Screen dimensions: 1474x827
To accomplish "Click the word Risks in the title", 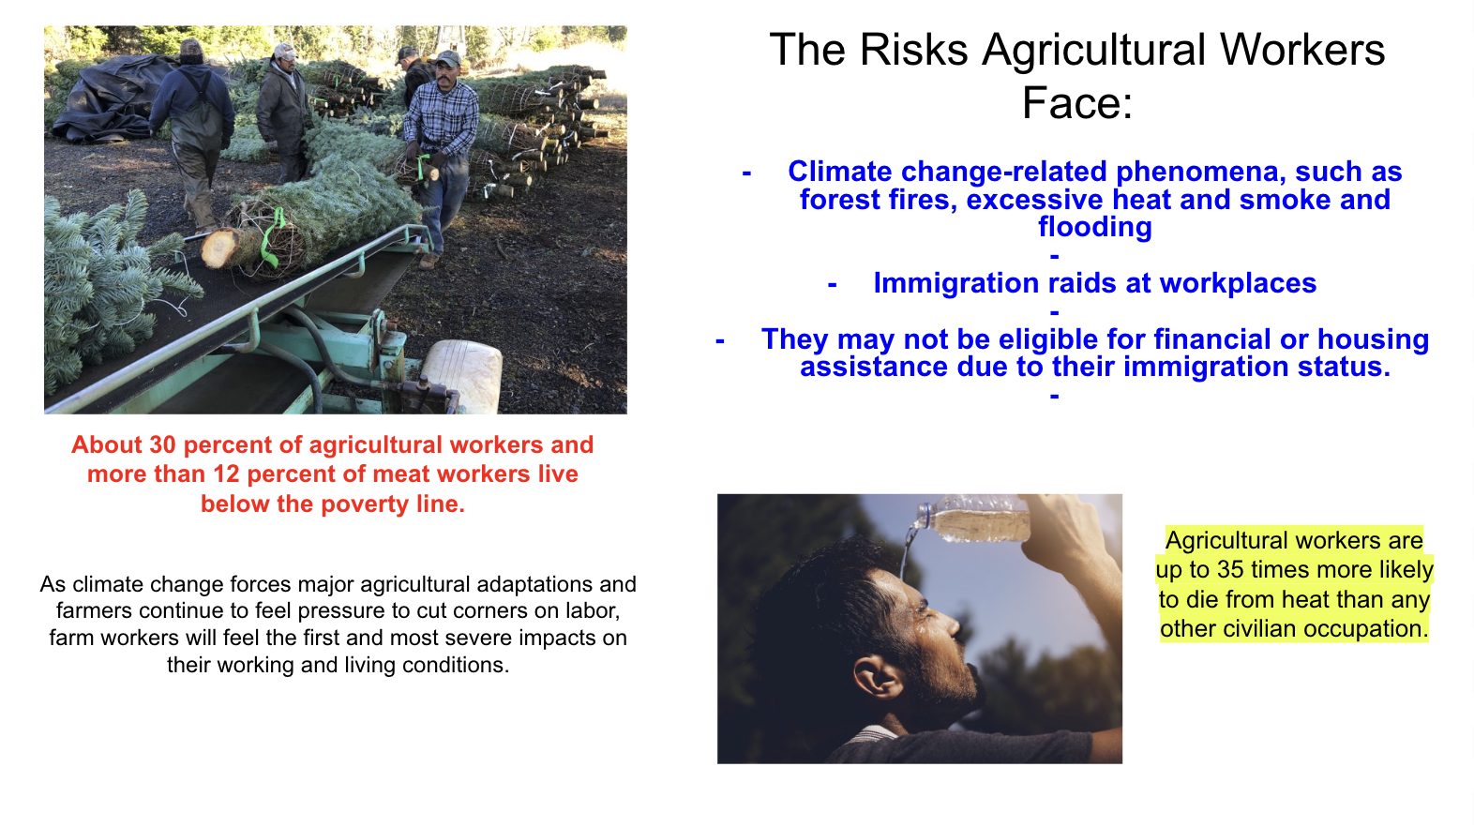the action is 914,50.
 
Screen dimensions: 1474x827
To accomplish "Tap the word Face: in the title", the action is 1077,103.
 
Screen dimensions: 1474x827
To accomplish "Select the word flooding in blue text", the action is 1095,227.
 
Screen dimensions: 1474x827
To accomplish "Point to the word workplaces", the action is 1238,283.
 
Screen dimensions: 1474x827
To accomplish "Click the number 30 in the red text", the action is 162,444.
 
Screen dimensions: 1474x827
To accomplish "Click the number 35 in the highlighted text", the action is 1230,570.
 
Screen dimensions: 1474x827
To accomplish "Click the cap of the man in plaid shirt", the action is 449,59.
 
